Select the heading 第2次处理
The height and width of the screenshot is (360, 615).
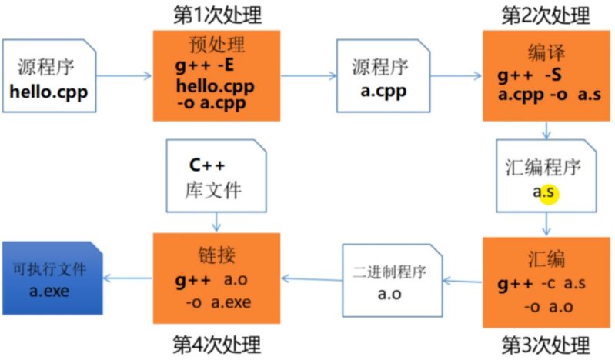point(546,15)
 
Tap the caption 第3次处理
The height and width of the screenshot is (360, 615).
point(546,344)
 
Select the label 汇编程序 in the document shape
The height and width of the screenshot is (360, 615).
point(545,167)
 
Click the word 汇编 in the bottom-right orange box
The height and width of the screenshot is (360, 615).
point(546,258)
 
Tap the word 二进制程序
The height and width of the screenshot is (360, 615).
point(389,272)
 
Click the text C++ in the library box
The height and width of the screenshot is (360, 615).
point(209,164)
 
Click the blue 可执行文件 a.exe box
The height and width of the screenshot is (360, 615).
point(52,278)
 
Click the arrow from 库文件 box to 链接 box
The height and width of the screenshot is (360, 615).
point(216,222)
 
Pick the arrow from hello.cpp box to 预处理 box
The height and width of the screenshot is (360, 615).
point(126,75)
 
